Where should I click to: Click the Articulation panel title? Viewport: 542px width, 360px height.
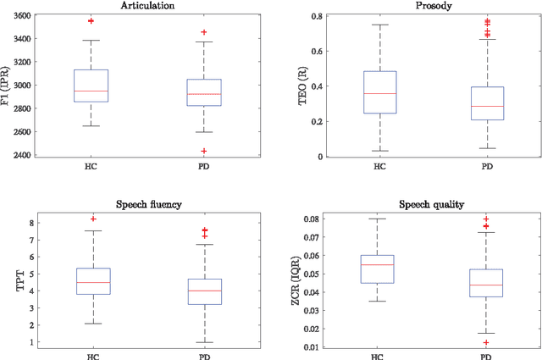(148, 5)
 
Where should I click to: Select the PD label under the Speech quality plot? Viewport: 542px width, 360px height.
(487, 356)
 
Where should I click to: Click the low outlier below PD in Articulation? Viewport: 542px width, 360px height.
(204, 151)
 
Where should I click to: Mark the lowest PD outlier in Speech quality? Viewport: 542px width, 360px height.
(487, 342)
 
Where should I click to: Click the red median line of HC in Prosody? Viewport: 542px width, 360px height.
(379, 93)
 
